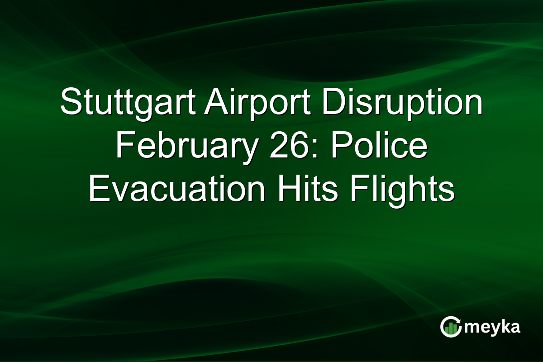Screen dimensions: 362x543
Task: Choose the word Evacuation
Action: tap(177, 191)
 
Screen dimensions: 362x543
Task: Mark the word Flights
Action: tap(398, 191)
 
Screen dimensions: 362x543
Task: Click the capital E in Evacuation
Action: tap(98, 191)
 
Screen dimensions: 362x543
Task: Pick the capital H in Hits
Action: tap(285, 191)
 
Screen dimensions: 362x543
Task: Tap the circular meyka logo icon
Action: tap(451, 327)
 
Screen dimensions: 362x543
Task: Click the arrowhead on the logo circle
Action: tap(458, 320)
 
